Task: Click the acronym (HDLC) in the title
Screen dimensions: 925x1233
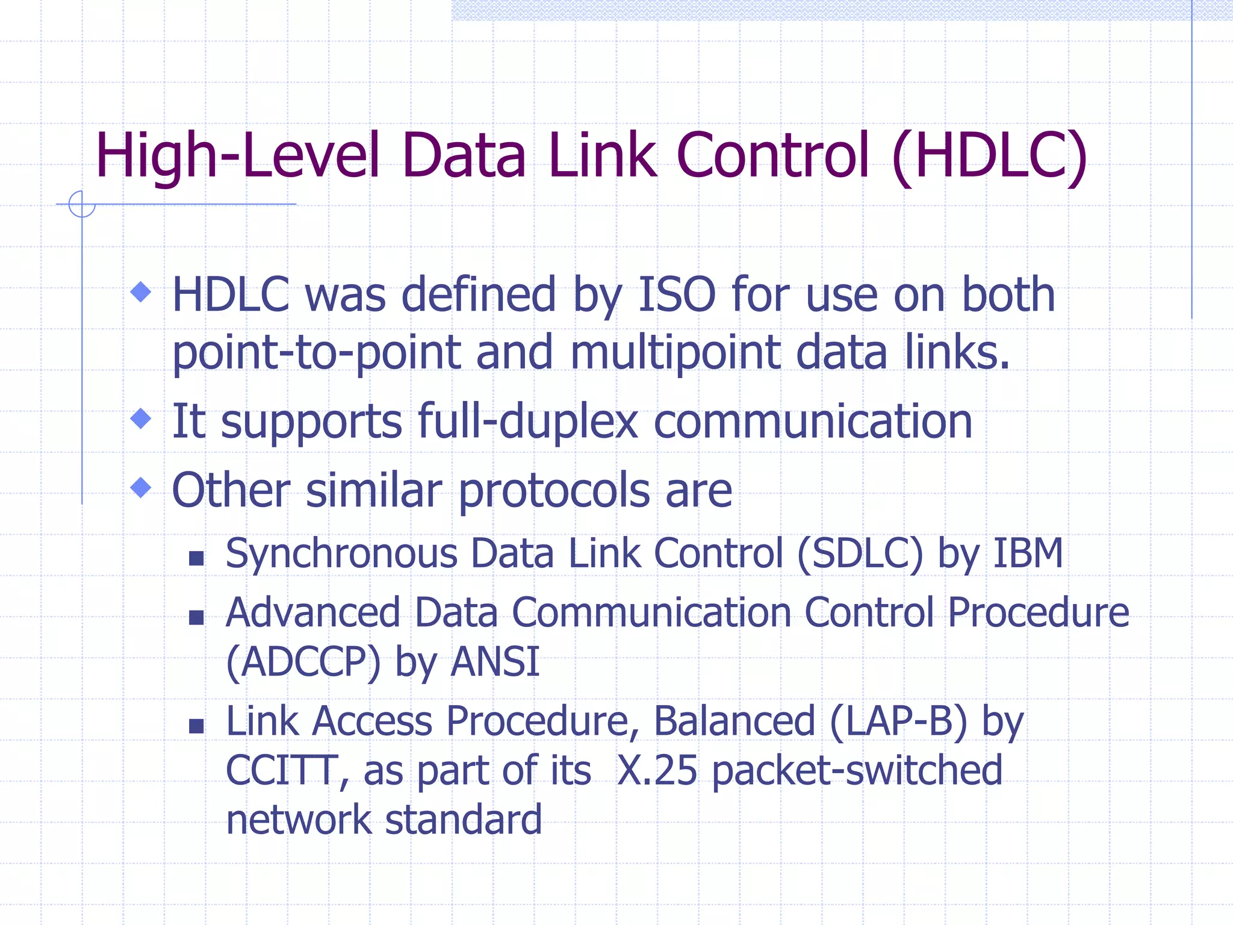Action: (x=989, y=157)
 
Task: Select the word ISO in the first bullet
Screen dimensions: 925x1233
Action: (x=677, y=295)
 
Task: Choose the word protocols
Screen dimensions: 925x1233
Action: (x=554, y=491)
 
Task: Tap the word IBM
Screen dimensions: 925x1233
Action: (x=1028, y=553)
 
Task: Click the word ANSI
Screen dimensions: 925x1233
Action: (x=495, y=662)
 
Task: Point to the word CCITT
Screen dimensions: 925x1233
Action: (x=281, y=771)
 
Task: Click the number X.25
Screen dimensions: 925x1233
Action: (x=657, y=771)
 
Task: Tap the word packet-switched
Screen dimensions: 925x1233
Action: (x=857, y=771)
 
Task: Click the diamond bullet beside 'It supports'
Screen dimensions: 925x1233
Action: (x=141, y=419)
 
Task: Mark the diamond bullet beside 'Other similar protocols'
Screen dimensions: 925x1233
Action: (x=141, y=487)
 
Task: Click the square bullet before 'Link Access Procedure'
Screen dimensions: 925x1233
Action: (x=196, y=726)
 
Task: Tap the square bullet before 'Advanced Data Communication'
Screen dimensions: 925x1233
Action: (x=196, y=618)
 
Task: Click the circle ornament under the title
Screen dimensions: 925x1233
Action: (x=82, y=204)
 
